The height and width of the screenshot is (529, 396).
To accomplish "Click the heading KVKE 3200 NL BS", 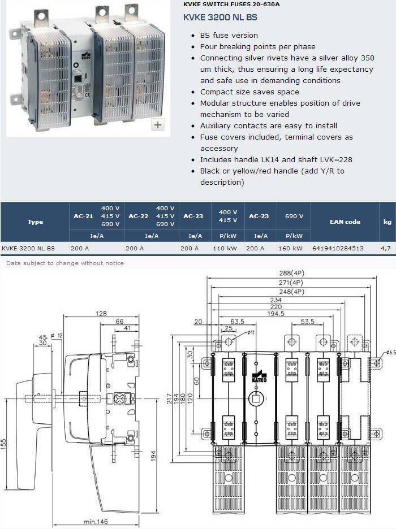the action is (x=220, y=18).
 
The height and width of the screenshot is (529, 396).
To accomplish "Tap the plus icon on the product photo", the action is (x=158, y=125).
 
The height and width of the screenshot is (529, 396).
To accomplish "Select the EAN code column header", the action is (x=345, y=222).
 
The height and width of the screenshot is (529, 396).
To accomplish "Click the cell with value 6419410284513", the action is (x=338, y=248).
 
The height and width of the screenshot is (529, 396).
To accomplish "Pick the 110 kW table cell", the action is (x=225, y=248).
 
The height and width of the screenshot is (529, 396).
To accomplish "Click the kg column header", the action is (x=387, y=222).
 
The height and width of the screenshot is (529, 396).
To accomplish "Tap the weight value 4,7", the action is (x=386, y=248).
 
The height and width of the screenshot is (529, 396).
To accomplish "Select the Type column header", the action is (x=35, y=222).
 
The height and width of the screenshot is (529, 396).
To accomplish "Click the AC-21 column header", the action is (x=83, y=216).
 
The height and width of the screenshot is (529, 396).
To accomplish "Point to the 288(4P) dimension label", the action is (x=292, y=273).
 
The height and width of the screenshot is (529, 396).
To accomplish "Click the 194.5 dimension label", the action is (x=276, y=314).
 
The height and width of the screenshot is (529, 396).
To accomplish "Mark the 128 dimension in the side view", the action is (x=101, y=314).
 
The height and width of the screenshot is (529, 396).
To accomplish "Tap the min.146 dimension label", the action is (x=96, y=522).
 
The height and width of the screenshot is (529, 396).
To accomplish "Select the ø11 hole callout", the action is (x=251, y=332).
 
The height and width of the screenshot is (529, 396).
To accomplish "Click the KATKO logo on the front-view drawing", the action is (x=259, y=377).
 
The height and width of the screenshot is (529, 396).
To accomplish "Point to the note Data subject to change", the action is (x=65, y=263).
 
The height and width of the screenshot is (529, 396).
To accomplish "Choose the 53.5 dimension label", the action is (x=307, y=322).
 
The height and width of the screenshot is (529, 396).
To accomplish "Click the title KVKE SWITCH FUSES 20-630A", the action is (x=231, y=5).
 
